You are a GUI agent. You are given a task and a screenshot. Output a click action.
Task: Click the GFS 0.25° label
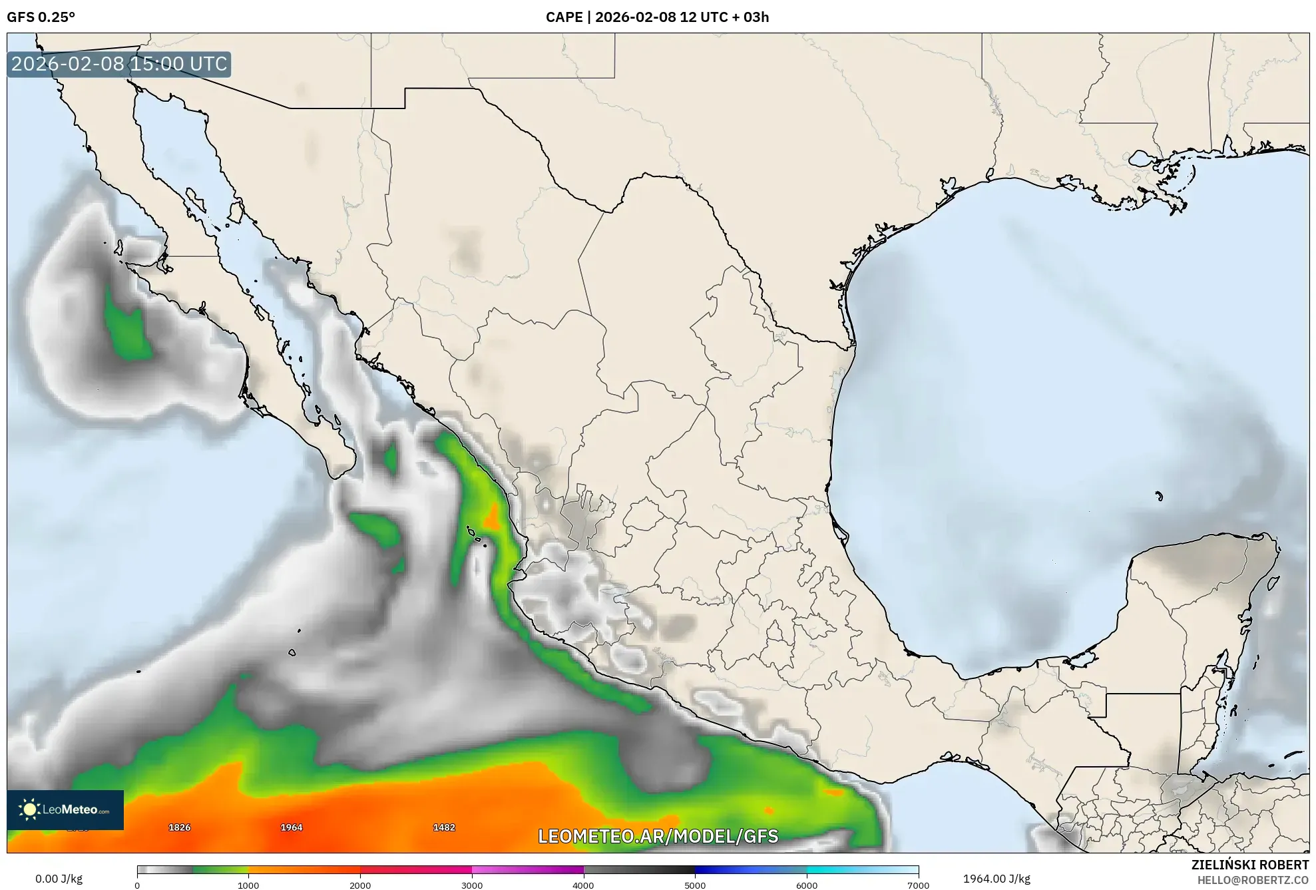(x=41, y=17)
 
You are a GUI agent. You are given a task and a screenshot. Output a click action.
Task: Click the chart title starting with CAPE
(x=657, y=17)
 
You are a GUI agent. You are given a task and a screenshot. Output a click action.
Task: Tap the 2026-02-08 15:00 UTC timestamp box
(x=119, y=64)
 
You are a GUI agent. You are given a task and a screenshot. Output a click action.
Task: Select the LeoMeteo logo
(x=65, y=809)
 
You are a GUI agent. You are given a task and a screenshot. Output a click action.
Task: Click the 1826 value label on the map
(x=179, y=827)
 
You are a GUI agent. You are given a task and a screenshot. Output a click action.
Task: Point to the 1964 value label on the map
(x=292, y=827)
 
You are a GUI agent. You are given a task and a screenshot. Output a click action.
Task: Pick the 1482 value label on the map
(x=444, y=827)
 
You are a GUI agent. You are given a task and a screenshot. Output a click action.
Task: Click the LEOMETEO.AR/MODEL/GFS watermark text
(x=658, y=836)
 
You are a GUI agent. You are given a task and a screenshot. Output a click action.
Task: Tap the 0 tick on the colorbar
(x=137, y=885)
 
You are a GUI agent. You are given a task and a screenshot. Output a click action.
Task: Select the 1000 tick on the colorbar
(x=248, y=885)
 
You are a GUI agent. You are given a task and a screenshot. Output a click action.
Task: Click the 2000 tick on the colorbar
(x=360, y=885)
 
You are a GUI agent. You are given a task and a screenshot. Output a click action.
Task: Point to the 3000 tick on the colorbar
(x=472, y=885)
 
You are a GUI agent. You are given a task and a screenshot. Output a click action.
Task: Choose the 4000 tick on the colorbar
(x=584, y=885)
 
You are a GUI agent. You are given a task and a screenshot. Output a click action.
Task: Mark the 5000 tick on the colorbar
(x=695, y=885)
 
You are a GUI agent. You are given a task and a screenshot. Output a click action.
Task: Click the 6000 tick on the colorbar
(x=807, y=885)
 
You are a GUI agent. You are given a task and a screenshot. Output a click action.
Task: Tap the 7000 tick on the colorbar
(x=919, y=885)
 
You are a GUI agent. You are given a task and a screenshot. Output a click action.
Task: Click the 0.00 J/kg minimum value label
(x=59, y=879)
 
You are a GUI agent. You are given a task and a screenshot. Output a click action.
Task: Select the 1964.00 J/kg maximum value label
(x=996, y=879)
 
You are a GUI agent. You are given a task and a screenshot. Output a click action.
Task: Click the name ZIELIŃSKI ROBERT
(x=1249, y=865)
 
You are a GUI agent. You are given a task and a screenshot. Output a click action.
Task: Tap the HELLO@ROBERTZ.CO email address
(x=1253, y=880)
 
